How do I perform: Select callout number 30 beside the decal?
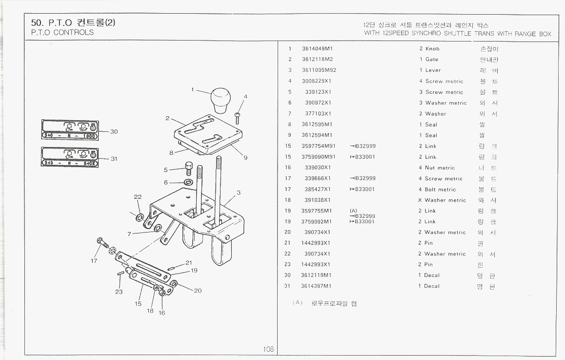(114, 131)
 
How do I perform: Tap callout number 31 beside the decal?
(114, 159)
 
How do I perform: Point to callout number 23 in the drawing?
(119, 292)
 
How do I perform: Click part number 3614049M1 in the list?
(317, 49)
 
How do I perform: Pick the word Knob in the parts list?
(432, 49)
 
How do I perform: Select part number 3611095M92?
(319, 70)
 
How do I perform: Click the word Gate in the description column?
(431, 60)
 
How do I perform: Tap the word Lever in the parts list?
(433, 70)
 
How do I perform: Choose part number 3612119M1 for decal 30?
(316, 275)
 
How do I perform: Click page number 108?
(268, 349)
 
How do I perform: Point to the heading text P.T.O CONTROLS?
(62, 33)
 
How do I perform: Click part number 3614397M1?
(316, 286)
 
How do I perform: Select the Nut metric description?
(440, 168)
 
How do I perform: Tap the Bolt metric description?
(440, 190)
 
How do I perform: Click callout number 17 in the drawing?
(94, 260)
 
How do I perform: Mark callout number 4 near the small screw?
(245, 96)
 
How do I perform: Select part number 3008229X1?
(316, 81)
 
